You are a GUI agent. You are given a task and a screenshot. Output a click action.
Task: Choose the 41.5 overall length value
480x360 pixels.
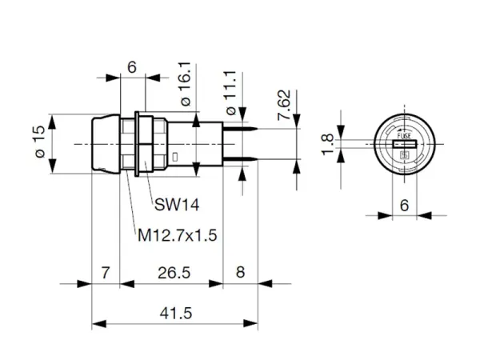click(176, 313)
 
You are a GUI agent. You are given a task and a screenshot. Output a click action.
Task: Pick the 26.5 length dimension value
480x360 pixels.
click(174, 273)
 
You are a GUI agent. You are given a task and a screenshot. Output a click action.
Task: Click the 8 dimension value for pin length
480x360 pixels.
click(240, 273)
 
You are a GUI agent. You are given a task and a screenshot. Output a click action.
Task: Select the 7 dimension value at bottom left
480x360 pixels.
click(106, 273)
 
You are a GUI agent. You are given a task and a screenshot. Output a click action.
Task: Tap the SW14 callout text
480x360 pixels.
click(177, 205)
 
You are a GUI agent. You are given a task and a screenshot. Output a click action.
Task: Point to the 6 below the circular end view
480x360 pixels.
click(404, 205)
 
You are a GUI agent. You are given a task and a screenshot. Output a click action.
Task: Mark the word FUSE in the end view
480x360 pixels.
click(404, 138)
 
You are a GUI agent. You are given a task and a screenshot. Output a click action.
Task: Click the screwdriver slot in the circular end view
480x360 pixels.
click(404, 144)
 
